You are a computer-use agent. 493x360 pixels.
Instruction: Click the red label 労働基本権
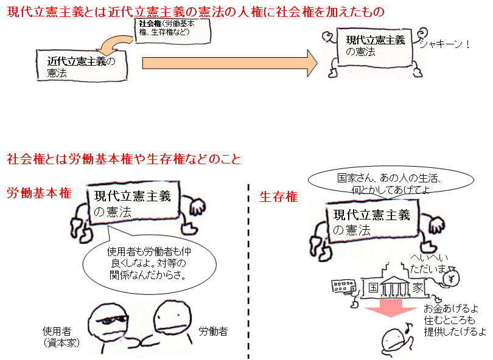pyautogui.click(x=39, y=193)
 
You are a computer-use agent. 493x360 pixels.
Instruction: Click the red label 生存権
pyautogui.click(x=279, y=196)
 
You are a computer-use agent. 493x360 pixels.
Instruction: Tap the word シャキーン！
pyautogui.click(x=444, y=44)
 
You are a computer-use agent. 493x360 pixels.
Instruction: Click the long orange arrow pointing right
pyautogui.click(x=230, y=63)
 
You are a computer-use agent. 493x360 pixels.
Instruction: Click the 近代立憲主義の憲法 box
pyautogui.click(x=81, y=66)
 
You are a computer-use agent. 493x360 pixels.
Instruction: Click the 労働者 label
pyautogui.click(x=212, y=332)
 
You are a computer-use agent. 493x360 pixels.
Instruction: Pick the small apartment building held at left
pyautogui.click(x=341, y=286)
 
